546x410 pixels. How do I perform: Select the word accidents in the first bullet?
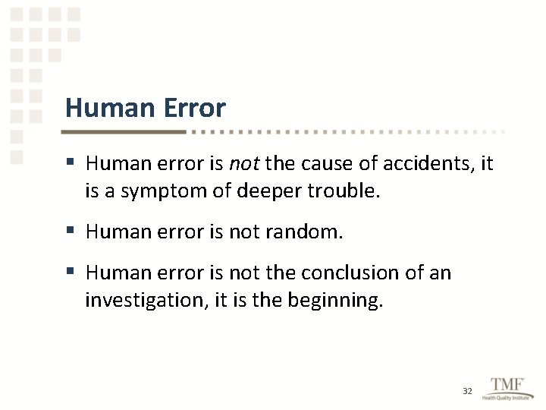click(x=431, y=163)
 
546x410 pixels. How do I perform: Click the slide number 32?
click(x=467, y=391)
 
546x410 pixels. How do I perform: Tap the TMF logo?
click(x=506, y=384)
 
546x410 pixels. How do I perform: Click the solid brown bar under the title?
click(x=125, y=131)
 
